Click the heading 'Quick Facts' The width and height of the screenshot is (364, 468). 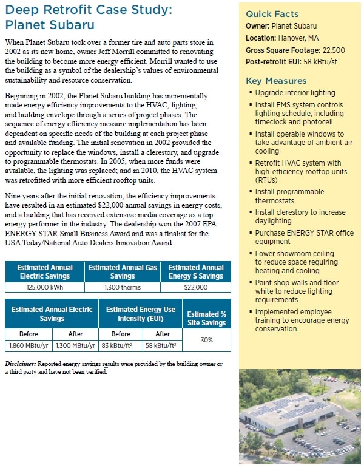coord(272,15)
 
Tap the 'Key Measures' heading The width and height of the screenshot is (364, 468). coord(276,81)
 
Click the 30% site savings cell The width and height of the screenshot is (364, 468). coord(207,340)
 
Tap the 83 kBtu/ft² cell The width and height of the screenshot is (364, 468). coord(121,345)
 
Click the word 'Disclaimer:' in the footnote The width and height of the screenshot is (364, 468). coord(20,364)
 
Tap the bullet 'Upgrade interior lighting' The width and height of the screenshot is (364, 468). coord(295,93)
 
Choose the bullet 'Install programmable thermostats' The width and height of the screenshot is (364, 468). coord(289,196)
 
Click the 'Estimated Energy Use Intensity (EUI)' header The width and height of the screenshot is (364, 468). coord(140,314)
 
